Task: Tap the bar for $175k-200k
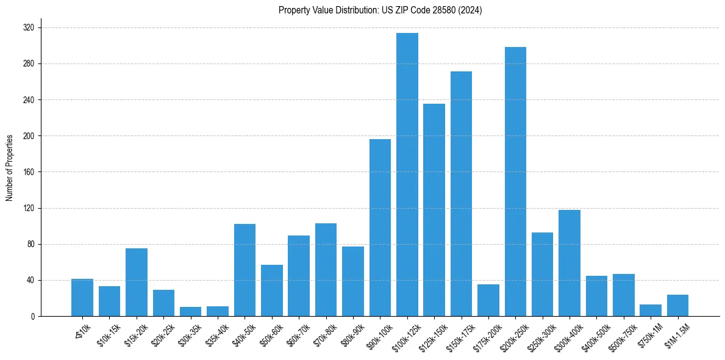tap(488, 300)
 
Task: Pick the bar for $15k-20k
tap(137, 282)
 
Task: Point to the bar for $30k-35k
tap(190, 311)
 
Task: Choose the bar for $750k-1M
tap(651, 311)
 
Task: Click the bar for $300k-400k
tap(570, 263)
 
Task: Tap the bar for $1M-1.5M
tap(677, 306)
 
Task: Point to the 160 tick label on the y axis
tap(29, 172)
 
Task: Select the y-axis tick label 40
tap(30, 281)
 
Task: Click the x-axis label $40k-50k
tap(244, 334)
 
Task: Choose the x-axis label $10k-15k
tap(109, 334)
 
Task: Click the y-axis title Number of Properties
tap(10, 168)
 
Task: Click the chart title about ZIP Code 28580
tap(380, 10)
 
